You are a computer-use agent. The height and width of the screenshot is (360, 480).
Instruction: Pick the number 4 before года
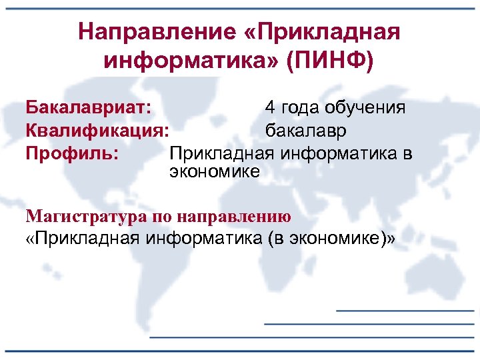tap(269, 107)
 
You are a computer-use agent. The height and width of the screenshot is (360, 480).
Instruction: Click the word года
tap(299, 108)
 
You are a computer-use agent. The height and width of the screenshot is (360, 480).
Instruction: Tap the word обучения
tap(367, 108)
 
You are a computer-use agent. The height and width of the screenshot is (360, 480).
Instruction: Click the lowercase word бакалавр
tap(306, 131)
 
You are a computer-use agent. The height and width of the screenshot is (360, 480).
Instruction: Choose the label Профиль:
tap(72, 153)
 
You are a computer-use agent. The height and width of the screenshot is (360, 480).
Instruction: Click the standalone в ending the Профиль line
tap(408, 153)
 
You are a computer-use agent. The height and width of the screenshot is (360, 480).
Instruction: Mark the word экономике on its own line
tap(215, 171)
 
